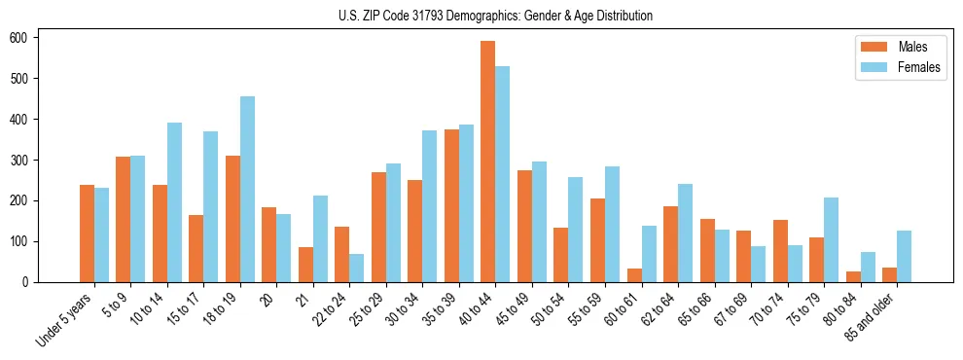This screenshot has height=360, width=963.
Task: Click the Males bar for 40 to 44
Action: pyautogui.click(x=488, y=162)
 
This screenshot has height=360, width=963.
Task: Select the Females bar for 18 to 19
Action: pyautogui.click(x=247, y=189)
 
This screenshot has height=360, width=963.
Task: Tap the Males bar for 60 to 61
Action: pyautogui.click(x=634, y=275)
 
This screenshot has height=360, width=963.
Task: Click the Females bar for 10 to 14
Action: pyautogui.click(x=174, y=202)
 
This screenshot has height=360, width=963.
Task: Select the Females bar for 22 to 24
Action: pyautogui.click(x=357, y=268)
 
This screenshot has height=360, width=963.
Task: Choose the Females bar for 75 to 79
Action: pyautogui.click(x=831, y=239)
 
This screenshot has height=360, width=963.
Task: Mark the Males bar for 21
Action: pyautogui.click(x=305, y=265)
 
